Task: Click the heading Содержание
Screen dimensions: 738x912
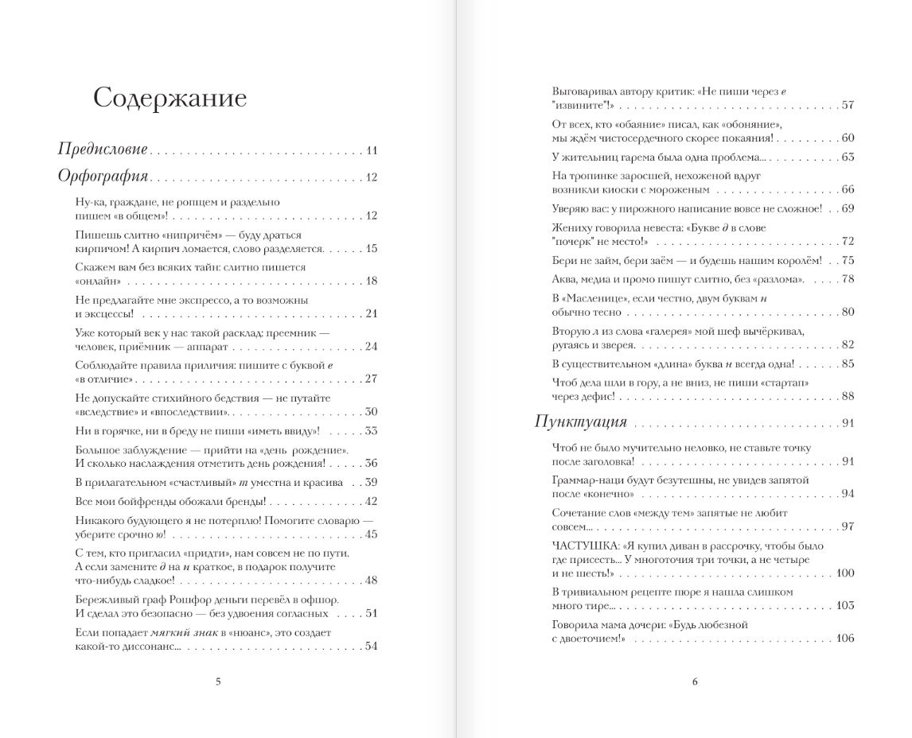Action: tap(170, 98)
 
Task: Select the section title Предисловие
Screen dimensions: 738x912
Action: tap(103, 150)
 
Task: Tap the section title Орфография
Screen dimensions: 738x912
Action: tap(103, 176)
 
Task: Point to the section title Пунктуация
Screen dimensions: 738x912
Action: tap(581, 421)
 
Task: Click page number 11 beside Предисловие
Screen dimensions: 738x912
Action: tap(372, 150)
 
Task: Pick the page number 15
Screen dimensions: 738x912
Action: tap(372, 248)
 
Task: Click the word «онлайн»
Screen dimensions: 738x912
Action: tap(98, 281)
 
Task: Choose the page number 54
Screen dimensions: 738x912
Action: tap(371, 646)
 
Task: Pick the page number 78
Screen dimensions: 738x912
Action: tap(848, 279)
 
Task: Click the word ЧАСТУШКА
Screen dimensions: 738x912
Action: tap(584, 546)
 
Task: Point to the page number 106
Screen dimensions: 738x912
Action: tap(845, 639)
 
